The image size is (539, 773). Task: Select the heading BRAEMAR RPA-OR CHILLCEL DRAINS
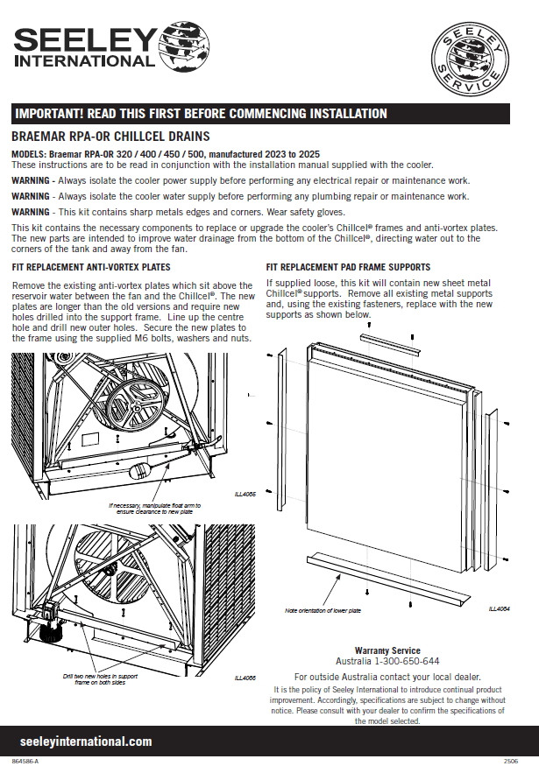(x=110, y=137)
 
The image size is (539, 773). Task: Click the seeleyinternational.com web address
(x=85, y=741)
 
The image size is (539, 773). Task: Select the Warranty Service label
(x=387, y=650)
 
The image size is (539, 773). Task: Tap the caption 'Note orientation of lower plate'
(x=323, y=610)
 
